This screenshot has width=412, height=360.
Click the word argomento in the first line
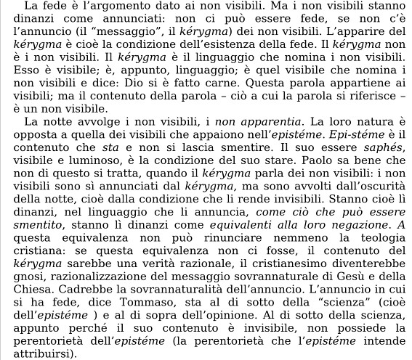click(102, 7)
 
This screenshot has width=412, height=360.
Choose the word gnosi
click(17, 295)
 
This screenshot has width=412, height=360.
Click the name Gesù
click(339, 295)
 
